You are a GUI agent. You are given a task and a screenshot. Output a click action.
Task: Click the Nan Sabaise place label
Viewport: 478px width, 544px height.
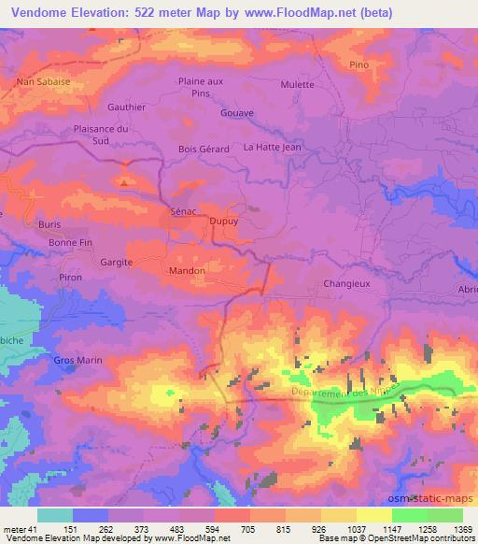point(44,81)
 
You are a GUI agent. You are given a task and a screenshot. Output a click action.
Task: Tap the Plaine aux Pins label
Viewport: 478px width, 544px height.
point(201,87)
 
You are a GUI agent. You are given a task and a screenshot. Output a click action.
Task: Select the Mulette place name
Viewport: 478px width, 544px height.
point(297,83)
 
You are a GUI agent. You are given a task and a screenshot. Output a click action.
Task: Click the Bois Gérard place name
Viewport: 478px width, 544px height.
point(204,149)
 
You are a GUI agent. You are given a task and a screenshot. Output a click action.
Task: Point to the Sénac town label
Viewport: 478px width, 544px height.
point(183,211)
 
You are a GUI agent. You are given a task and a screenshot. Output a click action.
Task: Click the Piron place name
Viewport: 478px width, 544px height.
point(71,278)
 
